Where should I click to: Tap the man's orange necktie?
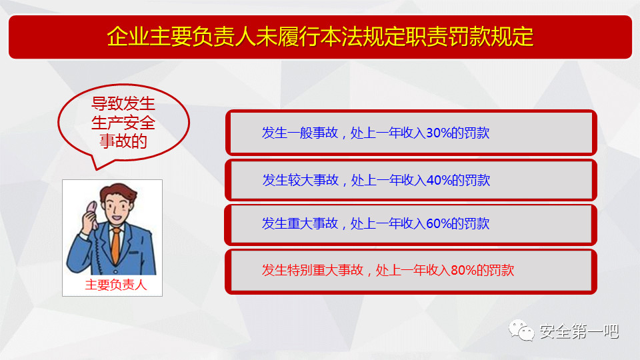coord(116,245)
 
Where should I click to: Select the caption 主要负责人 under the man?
coord(116,285)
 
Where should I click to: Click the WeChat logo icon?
coord(521,330)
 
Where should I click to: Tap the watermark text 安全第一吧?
coord(579,331)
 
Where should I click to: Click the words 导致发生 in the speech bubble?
coord(123,104)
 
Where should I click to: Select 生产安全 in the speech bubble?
coord(123,123)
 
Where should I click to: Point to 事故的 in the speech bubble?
coord(123,141)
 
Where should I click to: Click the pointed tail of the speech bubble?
coord(97,169)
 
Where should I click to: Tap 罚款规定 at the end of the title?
coord(491,37)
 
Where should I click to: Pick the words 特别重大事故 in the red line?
coord(325,270)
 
